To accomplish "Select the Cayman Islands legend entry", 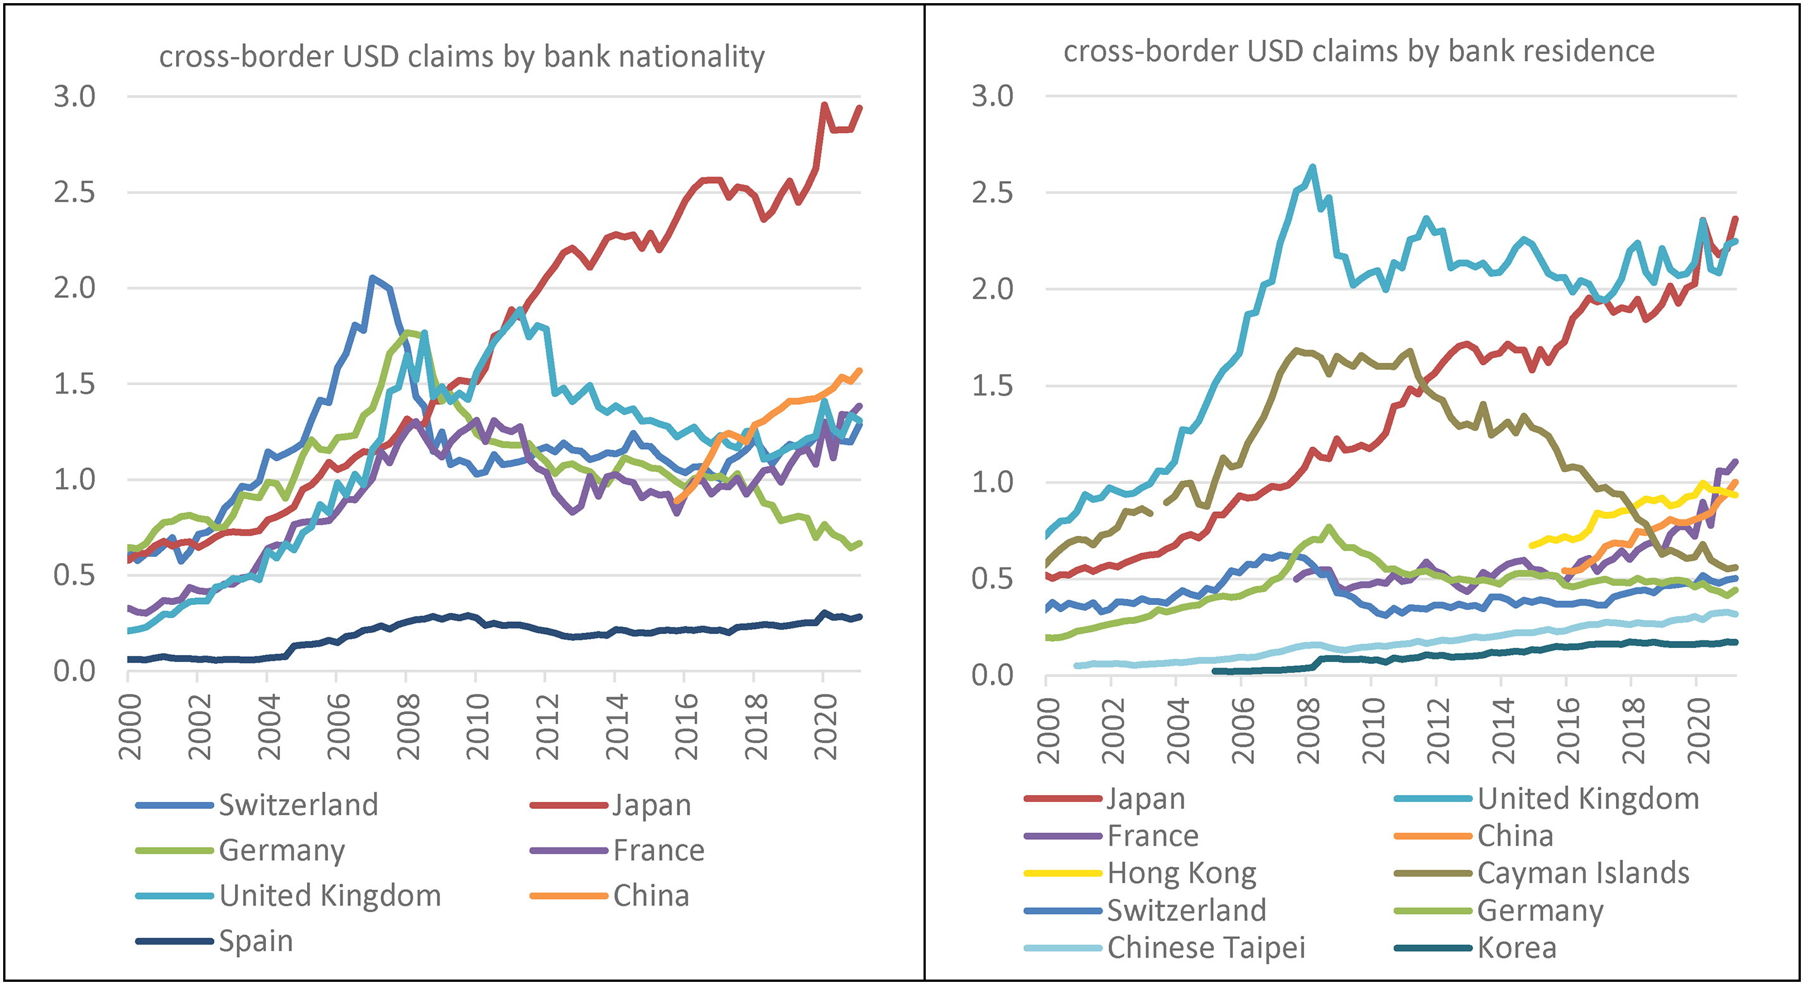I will click(1583, 873).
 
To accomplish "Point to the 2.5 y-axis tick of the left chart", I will click(74, 192).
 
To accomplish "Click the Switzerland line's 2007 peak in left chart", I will click(372, 277).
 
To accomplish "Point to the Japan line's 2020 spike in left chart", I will click(824, 105).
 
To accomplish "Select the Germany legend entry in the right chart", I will click(1540, 910).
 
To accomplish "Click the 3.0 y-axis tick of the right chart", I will click(992, 96).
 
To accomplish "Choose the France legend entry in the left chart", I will click(659, 850).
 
